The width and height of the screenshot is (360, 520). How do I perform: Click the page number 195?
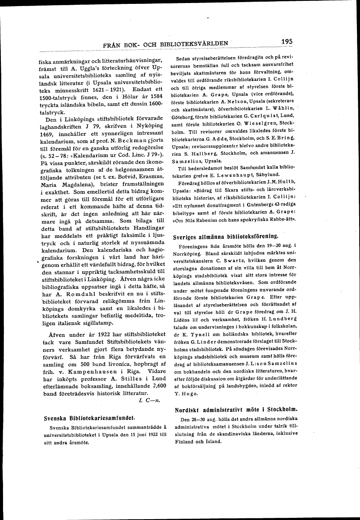pos(286,42)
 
